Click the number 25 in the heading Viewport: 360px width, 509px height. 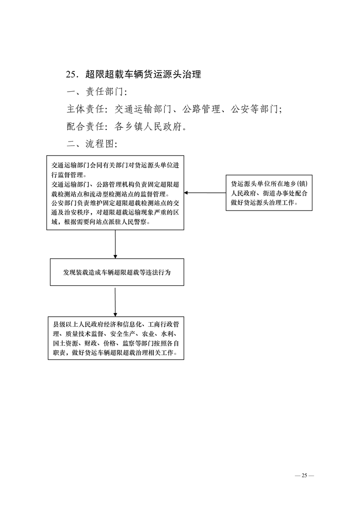(x=71, y=74)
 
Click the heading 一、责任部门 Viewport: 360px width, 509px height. (x=94, y=92)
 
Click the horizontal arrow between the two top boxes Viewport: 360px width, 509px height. (x=205, y=193)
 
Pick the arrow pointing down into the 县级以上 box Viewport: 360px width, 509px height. (x=115, y=302)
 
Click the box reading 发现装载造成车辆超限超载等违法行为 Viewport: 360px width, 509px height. (x=117, y=272)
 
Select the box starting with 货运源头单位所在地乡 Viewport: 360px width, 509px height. (x=269, y=193)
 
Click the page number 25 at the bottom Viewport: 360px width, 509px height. (x=304, y=475)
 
